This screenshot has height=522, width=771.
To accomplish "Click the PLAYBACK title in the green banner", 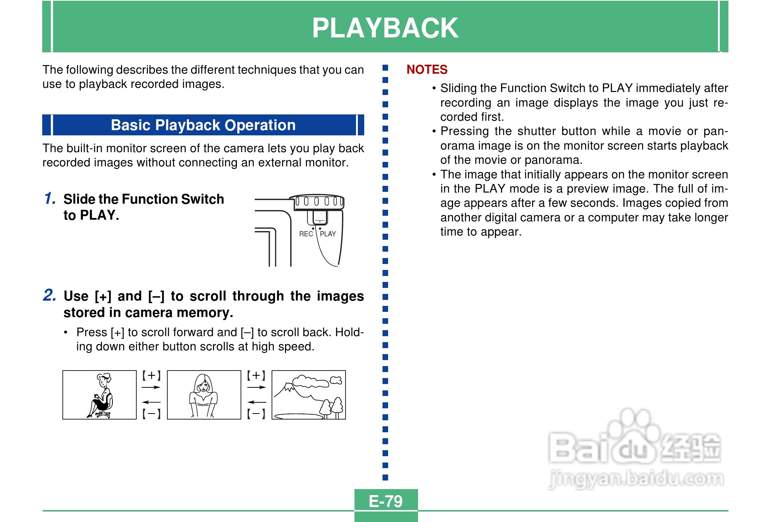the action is point(385,28).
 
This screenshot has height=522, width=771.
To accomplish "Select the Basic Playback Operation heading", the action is point(203,125).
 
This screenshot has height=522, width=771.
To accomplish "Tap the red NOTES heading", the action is point(427,70).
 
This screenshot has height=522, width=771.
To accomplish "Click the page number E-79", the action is point(385,501).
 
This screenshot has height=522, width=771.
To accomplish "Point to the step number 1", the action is point(50,199).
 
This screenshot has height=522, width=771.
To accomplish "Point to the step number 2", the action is point(50,295).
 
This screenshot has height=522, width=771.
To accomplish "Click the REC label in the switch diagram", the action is point(306,234).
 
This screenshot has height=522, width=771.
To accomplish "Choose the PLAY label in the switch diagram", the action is point(328,234).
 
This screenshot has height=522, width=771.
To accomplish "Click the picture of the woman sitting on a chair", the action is point(99,395).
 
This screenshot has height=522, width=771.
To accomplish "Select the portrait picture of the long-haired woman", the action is point(204,395).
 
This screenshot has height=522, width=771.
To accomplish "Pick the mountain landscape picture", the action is point(309,395).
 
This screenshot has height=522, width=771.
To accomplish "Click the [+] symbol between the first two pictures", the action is point(151,375).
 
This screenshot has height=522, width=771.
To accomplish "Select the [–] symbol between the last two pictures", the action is point(256,414).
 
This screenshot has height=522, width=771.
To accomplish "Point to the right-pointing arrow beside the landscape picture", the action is point(257,387).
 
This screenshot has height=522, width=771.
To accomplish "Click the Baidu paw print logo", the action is point(631,436).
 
